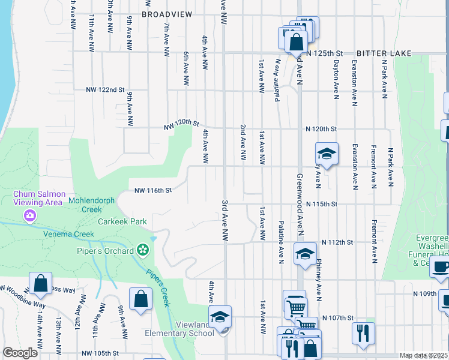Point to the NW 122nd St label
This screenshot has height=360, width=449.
(x=104, y=90)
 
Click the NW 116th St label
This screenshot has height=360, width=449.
(x=153, y=190)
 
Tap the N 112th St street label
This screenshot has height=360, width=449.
(x=336, y=242)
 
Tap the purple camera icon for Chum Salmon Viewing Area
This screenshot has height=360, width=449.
(x=30, y=215)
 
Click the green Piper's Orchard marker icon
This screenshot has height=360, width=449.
(x=142, y=249)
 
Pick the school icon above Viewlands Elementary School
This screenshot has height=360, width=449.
(x=220, y=316)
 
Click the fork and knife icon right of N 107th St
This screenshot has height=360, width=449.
(x=363, y=333)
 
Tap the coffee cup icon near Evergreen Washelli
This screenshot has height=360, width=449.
(x=441, y=266)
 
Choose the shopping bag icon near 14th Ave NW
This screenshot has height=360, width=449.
(x=40, y=284)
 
